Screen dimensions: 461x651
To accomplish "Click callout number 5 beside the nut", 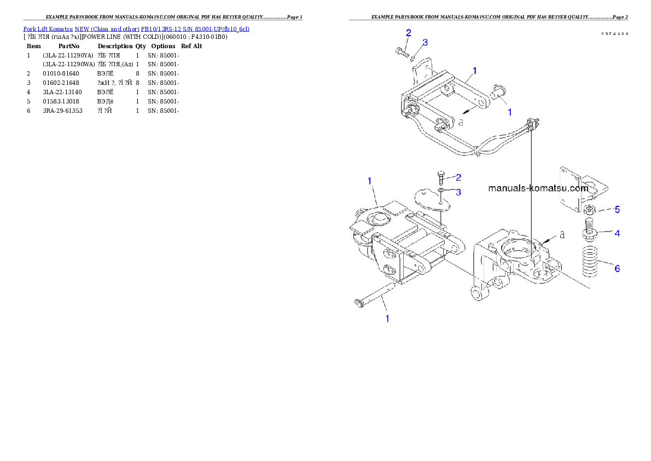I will [617, 209].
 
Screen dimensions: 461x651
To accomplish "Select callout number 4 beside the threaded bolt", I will [617, 233].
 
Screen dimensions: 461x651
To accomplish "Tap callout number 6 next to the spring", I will [617, 268].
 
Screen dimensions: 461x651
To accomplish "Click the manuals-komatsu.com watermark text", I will [538, 188].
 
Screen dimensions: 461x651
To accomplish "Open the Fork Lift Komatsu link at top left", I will [136, 28].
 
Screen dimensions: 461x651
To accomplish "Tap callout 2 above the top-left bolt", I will [409, 33].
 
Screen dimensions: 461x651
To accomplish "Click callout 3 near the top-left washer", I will [425, 42].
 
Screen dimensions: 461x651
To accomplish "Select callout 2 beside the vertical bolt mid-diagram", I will [458, 177].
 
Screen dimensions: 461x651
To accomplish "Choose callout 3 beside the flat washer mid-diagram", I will [458, 192].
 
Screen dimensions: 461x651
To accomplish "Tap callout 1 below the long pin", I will [387, 318].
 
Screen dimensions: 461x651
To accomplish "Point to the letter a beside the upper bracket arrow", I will [461, 123].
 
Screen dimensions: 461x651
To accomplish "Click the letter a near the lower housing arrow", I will [561, 235].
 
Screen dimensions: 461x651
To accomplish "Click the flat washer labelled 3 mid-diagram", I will [441, 191].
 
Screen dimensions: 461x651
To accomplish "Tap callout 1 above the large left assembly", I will [370, 181].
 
